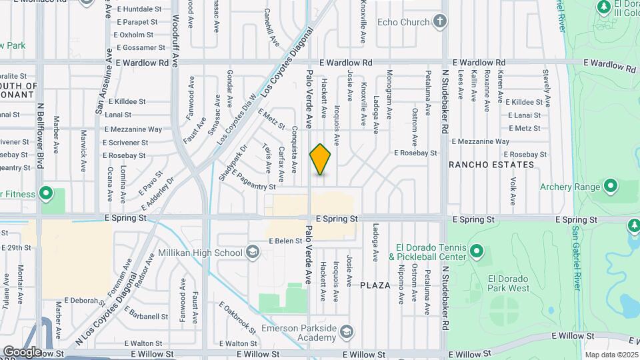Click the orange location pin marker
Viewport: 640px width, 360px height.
coord(321,159)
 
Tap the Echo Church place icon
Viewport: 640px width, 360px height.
coord(439,21)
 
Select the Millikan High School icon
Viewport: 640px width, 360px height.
coord(253,252)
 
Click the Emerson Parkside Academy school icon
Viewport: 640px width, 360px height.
coord(347,331)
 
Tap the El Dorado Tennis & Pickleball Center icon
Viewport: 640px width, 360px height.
coord(476,251)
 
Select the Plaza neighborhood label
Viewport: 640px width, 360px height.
coord(375,285)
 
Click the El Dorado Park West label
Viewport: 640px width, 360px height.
coord(508,283)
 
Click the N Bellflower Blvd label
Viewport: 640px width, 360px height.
coord(40,133)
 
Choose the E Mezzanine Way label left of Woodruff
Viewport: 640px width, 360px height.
coord(133,129)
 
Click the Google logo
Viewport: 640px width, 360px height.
coord(22,351)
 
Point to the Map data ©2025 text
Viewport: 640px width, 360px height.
coord(611,355)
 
